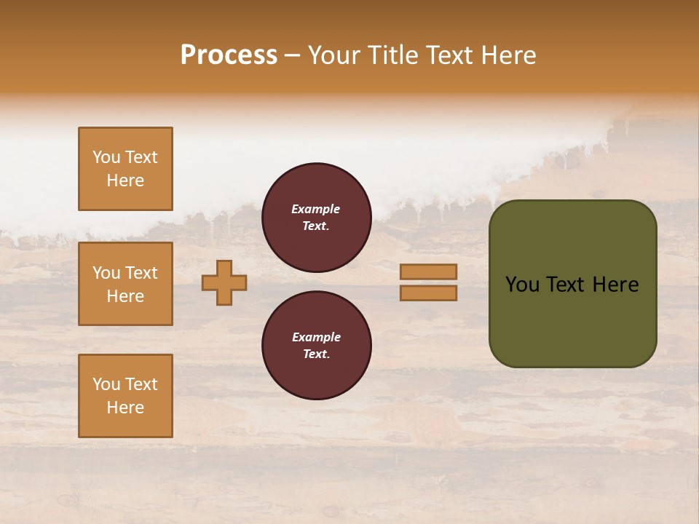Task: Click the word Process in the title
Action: [x=229, y=55]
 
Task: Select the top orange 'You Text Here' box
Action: [x=125, y=169]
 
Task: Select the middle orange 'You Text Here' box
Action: [x=125, y=284]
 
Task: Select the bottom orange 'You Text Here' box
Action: [x=125, y=395]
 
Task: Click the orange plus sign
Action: [x=224, y=282]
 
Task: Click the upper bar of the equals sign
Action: [x=428, y=271]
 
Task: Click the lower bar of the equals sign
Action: [x=428, y=293]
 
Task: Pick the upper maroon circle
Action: [x=316, y=217]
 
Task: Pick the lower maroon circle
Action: [x=316, y=345]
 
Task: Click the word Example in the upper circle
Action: [x=316, y=209]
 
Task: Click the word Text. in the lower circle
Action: [x=316, y=354]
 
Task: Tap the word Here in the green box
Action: [x=615, y=285]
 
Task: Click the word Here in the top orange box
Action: [x=125, y=180]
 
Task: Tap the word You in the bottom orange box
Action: [x=106, y=384]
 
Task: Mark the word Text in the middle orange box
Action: [x=141, y=273]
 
